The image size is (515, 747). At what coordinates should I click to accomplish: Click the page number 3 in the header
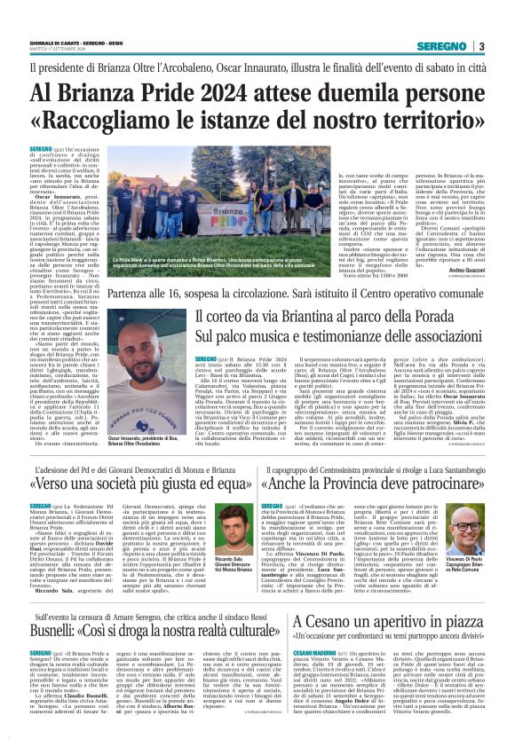pyautogui.click(x=481, y=47)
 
